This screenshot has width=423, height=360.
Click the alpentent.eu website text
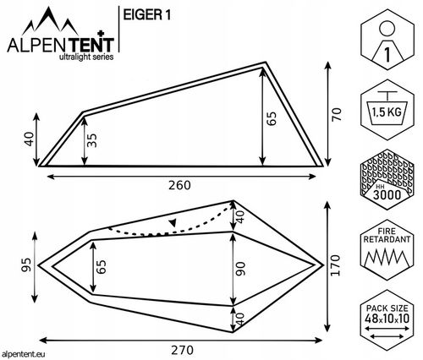coord(26,353)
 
